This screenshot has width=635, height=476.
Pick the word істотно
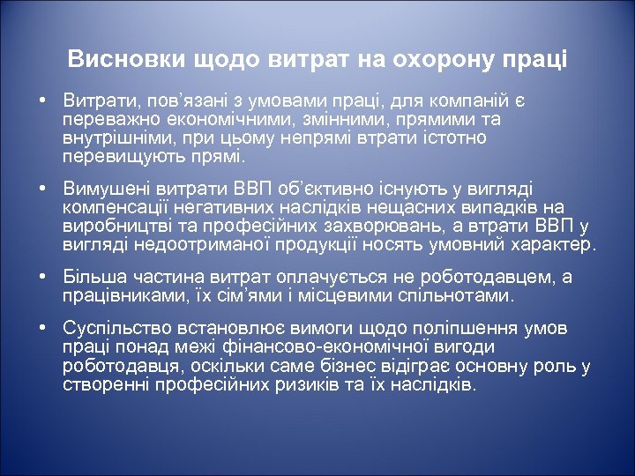(451, 138)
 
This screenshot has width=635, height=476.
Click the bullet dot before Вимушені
(42, 189)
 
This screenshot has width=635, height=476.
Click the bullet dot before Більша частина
(42, 277)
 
